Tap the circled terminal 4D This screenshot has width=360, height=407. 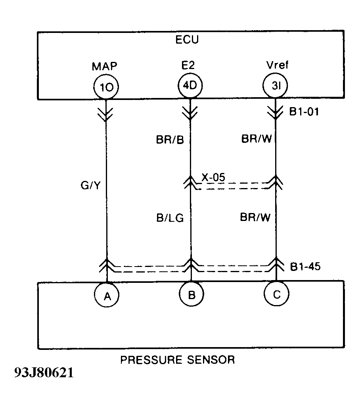pyautogui.click(x=190, y=85)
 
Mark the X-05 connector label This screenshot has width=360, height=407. pyautogui.click(x=213, y=177)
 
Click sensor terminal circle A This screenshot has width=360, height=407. pyautogui.click(x=107, y=295)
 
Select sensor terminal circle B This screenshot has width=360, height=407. pyautogui.click(x=191, y=295)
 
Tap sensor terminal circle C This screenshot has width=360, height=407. pyautogui.click(x=276, y=294)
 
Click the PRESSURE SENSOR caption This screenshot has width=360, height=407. pyautogui.click(x=177, y=360)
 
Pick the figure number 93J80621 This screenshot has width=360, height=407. pyautogui.click(x=44, y=374)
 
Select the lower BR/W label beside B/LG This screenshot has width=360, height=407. pyautogui.click(x=255, y=217)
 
